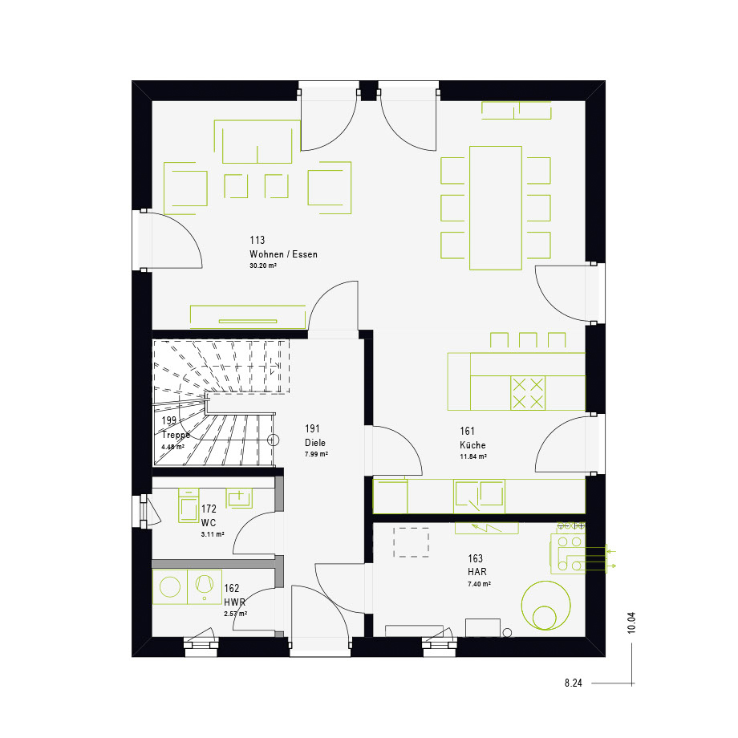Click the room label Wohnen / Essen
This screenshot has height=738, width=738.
(283, 254)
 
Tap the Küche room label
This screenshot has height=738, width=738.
(472, 444)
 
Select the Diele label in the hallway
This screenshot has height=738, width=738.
(315, 443)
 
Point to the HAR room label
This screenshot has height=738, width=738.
(477, 572)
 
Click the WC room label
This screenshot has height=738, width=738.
(209, 522)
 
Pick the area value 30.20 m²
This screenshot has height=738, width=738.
(263, 266)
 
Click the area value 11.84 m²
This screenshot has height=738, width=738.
(473, 456)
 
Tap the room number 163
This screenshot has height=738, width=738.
(476, 558)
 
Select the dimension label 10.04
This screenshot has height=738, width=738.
(631, 622)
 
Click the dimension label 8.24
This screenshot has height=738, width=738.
(574, 683)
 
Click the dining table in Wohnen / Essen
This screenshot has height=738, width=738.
(496, 208)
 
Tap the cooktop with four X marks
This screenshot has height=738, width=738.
(528, 393)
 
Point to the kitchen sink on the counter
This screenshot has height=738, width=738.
(479, 496)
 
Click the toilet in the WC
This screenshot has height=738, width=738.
(189, 505)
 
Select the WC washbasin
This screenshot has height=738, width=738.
(239, 498)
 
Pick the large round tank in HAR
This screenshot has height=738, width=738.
(546, 606)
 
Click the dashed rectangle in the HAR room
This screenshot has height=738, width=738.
(412, 542)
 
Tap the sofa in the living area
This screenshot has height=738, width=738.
(257, 142)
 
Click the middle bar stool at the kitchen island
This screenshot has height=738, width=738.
(528, 340)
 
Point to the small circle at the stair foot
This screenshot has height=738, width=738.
(274, 440)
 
